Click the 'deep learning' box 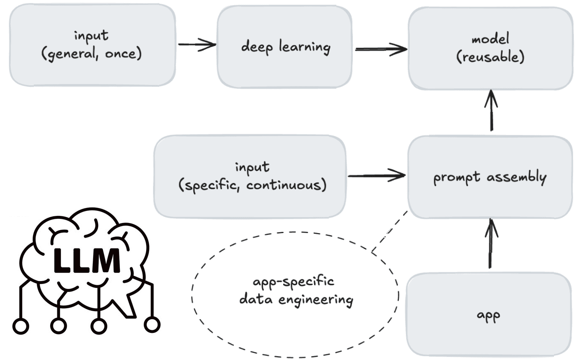click(284, 47)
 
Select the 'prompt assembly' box click(490, 177)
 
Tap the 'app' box click(489, 314)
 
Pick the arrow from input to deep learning click(197, 44)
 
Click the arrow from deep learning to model click(381, 49)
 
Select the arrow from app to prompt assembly click(490, 243)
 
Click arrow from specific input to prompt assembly click(377, 176)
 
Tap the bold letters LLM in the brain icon click(86, 260)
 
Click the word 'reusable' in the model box click(490, 57)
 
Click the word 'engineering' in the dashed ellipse click(315, 300)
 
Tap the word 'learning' click(305, 48)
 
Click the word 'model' click(490, 39)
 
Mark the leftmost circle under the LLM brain click(21, 326)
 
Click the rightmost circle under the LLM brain click(152, 325)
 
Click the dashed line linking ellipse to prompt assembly click(389, 231)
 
